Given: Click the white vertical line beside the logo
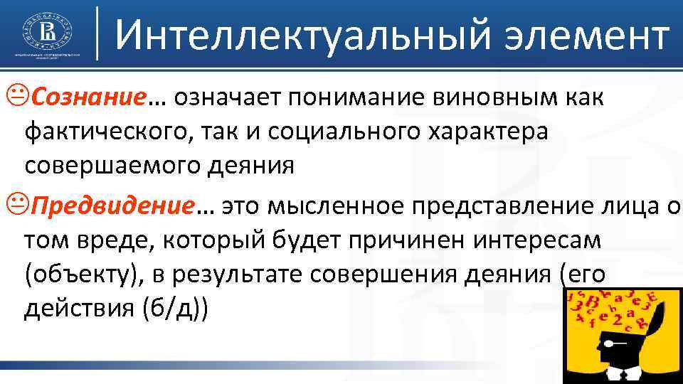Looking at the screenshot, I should (x=97, y=32).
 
